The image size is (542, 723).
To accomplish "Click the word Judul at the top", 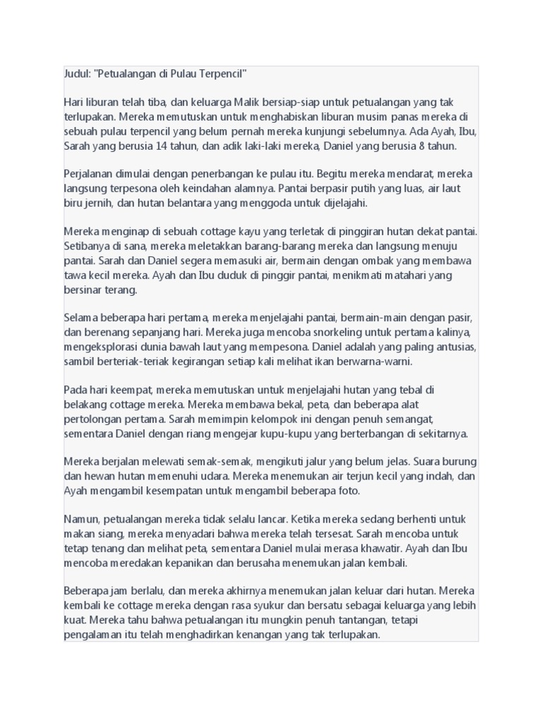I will coord(76,74).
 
